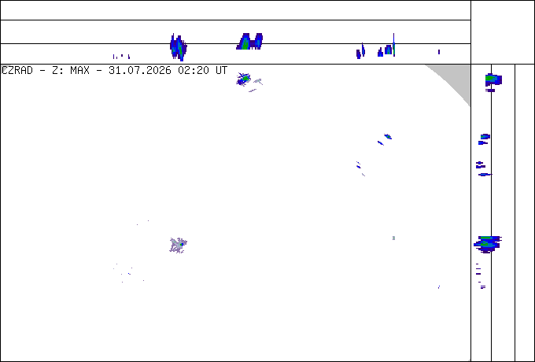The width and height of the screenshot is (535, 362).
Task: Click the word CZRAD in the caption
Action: [x=17, y=71]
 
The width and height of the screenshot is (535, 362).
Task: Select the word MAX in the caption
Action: [x=79, y=71]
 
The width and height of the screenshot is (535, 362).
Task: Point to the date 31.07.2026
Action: [x=140, y=71]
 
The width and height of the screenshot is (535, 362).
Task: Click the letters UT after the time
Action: [x=221, y=71]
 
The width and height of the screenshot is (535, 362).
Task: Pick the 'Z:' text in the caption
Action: [x=56, y=71]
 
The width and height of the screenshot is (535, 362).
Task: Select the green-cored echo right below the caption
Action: [x=244, y=79]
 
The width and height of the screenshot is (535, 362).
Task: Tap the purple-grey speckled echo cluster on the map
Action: [x=178, y=246]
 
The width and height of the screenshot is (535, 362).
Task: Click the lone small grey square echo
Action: [x=393, y=238]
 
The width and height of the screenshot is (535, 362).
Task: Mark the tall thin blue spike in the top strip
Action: [x=393, y=45]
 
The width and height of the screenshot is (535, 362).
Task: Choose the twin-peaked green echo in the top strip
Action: [x=249, y=42]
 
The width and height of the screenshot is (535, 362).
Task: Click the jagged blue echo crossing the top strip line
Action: [x=178, y=47]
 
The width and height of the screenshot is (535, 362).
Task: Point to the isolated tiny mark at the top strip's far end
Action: [x=439, y=52]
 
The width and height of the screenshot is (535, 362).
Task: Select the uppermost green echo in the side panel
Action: [x=493, y=79]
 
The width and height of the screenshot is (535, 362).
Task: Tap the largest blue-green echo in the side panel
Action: [x=487, y=244]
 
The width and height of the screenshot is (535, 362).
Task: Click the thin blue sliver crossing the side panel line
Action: [x=485, y=175]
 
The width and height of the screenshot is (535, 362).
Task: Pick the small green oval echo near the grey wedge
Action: [x=388, y=136]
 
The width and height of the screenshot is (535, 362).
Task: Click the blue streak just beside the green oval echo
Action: [x=381, y=143]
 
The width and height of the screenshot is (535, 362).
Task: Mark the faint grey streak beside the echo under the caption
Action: [x=258, y=81]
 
